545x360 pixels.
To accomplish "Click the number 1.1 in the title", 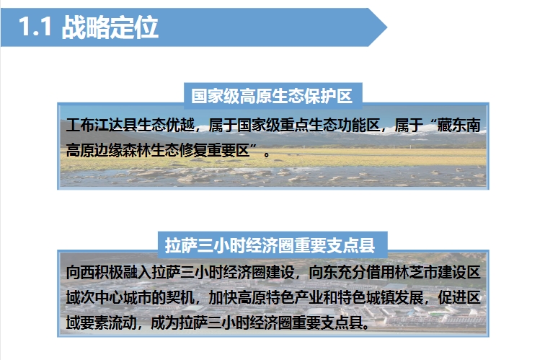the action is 35,27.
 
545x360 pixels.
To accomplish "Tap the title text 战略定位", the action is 110,27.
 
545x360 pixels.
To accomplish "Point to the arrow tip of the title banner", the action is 387,27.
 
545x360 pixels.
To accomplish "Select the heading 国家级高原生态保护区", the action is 272,96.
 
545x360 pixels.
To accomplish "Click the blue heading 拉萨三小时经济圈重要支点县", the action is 270,245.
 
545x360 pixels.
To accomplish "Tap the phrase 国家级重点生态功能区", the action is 309,126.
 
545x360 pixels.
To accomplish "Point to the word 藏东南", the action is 458,126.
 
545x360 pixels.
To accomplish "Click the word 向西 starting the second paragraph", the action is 80,273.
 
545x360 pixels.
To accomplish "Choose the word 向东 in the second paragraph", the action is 323,273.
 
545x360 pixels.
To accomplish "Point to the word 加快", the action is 223,298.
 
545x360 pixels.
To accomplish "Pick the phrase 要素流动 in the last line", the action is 109,323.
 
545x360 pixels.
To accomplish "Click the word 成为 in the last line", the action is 166,323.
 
